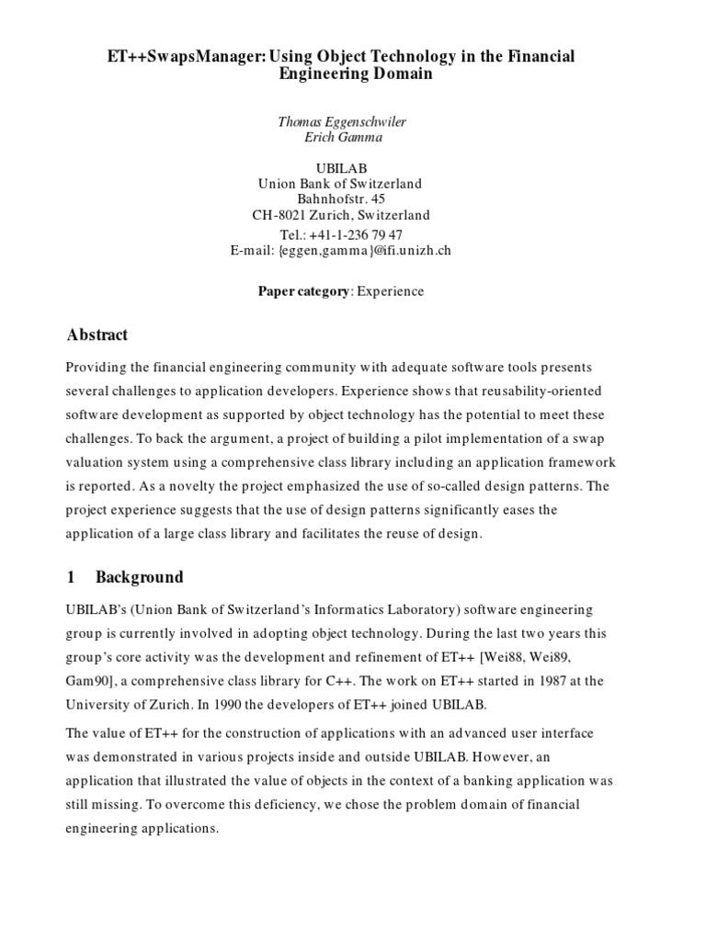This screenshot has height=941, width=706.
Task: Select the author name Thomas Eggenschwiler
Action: (342, 121)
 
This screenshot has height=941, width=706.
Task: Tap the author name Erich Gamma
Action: (342, 138)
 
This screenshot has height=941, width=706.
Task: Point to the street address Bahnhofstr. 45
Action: (342, 199)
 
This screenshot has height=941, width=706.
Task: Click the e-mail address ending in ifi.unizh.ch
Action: (342, 250)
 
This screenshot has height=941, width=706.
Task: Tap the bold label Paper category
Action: (303, 291)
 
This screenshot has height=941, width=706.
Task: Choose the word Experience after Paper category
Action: (391, 291)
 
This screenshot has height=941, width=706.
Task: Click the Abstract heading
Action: (97, 334)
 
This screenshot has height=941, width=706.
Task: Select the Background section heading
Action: (139, 577)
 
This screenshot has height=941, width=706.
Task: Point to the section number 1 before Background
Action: (70, 577)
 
